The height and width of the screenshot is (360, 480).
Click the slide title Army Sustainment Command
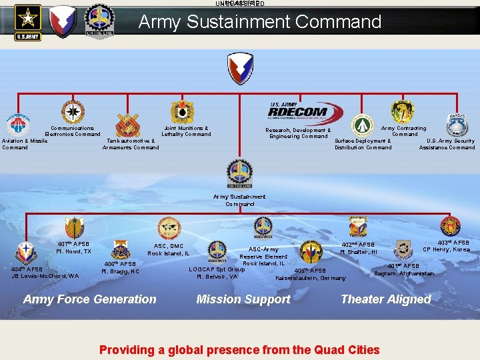point(260,22)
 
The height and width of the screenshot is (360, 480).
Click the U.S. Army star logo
point(28,22)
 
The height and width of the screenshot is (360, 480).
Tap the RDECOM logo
point(298,112)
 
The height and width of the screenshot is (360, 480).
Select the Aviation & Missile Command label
point(25,144)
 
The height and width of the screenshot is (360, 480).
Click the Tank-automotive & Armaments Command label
point(131,144)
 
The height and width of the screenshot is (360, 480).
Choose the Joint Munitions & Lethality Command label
point(186,131)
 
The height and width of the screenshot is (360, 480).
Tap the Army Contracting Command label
point(404,131)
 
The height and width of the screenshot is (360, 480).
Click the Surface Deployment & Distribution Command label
point(363,144)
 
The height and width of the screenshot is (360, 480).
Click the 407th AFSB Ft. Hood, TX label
point(73,247)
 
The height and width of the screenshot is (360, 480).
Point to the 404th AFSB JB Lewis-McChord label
point(45,272)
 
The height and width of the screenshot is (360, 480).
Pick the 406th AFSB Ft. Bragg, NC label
point(121,267)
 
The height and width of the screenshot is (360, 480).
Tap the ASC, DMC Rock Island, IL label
point(169,249)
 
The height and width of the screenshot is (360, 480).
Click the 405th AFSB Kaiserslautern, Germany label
point(311,274)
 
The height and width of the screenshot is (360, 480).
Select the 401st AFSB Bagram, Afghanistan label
point(404,269)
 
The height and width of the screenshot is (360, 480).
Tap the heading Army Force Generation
point(90,299)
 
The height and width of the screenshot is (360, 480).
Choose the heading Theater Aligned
point(386,299)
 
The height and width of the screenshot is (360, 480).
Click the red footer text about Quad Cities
point(239,349)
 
